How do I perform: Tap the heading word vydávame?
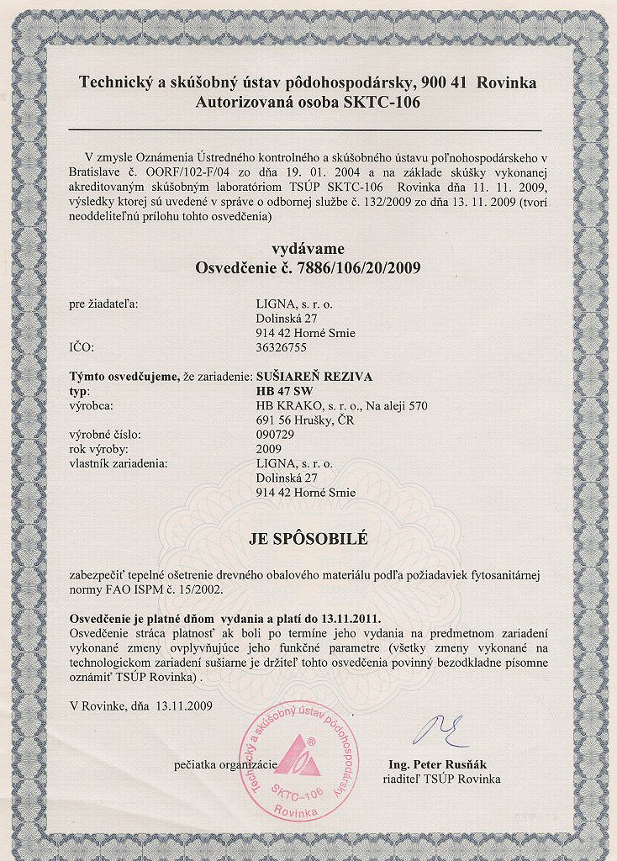[308, 249]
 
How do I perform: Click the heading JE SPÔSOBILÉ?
[308, 539]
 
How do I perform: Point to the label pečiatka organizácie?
[225, 764]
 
